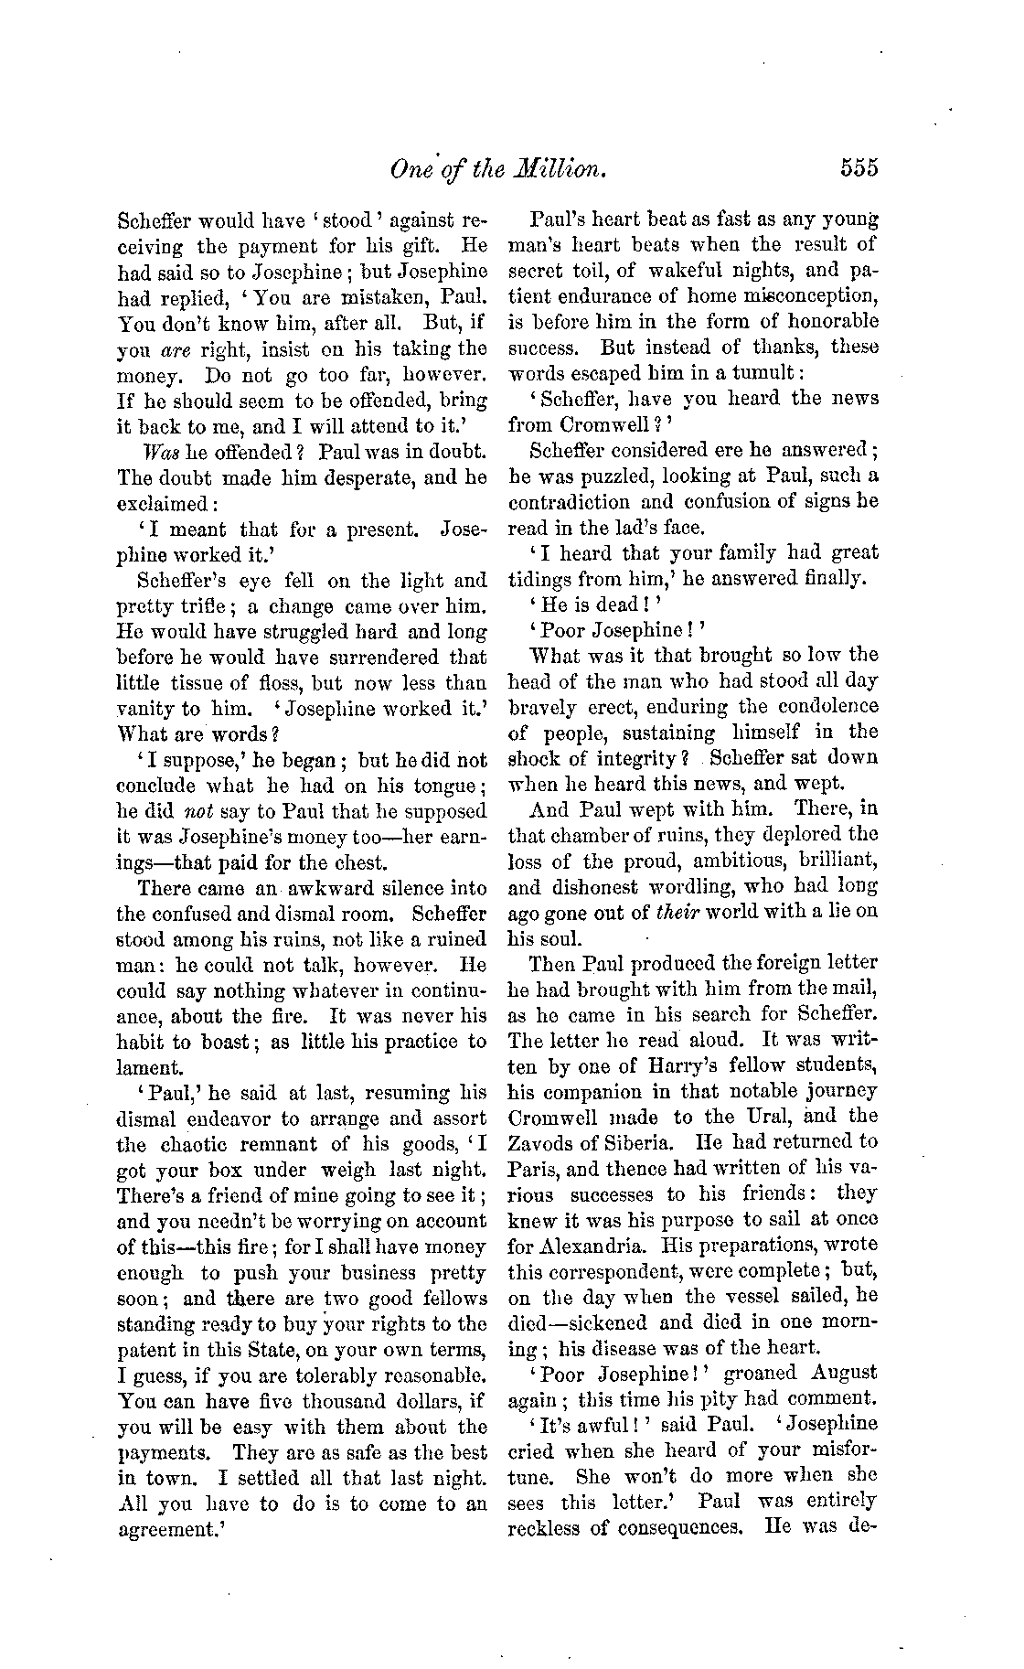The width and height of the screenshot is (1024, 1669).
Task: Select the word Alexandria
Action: click(x=569, y=1246)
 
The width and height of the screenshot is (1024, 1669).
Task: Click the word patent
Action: click(x=145, y=1349)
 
